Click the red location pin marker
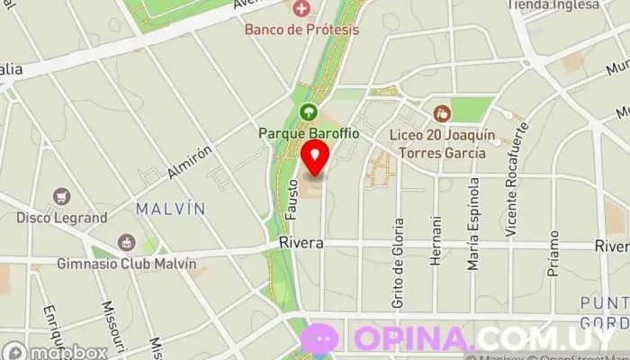(315, 158)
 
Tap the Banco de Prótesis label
(302, 29)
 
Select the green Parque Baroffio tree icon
(309, 113)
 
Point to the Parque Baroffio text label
(309, 133)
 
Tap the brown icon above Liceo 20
(442, 113)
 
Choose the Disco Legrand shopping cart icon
(61, 196)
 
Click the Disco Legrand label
(62, 217)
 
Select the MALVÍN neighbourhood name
(170, 209)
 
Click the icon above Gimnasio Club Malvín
(127, 242)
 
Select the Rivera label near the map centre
(301, 244)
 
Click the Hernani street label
(436, 240)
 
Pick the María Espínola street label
(473, 224)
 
